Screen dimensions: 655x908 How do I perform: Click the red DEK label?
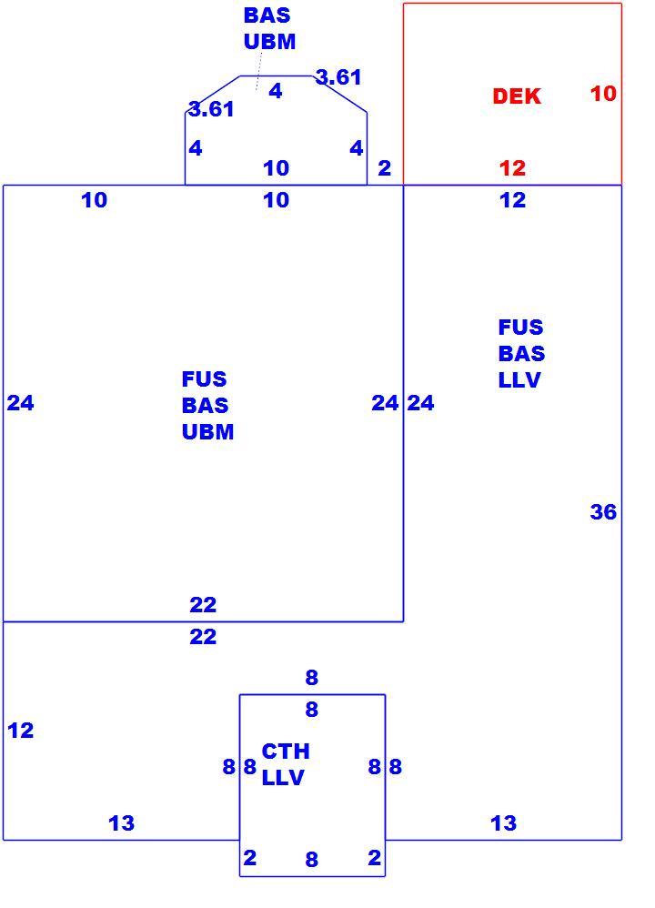[x=517, y=96]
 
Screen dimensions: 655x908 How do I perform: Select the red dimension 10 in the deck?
[x=603, y=93]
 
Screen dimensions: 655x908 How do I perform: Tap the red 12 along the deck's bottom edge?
[x=512, y=168]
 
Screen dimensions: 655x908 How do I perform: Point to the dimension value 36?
[x=603, y=511]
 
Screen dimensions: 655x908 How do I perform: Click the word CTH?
[x=286, y=752]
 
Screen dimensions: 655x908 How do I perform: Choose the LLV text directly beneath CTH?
[x=283, y=777]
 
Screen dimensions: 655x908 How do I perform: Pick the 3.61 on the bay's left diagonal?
[x=211, y=108]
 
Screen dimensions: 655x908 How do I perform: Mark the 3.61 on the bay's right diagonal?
[x=338, y=76]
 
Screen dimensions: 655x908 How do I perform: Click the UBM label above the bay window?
[x=270, y=41]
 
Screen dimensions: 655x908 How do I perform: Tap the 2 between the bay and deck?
[x=384, y=168]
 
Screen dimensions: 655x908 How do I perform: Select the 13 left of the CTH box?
[x=121, y=822]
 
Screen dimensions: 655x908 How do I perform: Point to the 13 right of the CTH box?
[x=503, y=822]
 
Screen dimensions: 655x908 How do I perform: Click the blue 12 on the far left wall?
[x=20, y=730]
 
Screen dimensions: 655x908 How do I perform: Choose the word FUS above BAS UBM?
[x=204, y=378]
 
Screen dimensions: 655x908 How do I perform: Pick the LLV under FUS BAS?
[x=519, y=379]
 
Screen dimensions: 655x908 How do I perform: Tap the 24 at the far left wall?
[x=20, y=402]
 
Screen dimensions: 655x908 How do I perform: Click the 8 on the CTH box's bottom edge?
[x=311, y=859]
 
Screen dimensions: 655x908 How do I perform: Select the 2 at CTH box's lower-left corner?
[x=249, y=857]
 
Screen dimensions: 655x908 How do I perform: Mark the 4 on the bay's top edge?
[x=276, y=90]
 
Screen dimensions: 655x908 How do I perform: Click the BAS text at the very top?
[x=267, y=15]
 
